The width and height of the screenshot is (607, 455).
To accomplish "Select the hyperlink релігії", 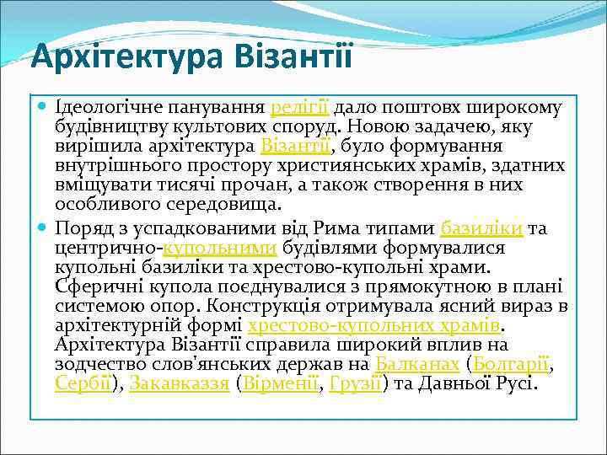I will (x=300, y=109).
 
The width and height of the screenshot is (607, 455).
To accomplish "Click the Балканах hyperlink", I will (x=416, y=364).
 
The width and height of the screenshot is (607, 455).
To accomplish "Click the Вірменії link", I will (x=281, y=383).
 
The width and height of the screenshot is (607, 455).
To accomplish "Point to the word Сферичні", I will (x=90, y=286).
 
